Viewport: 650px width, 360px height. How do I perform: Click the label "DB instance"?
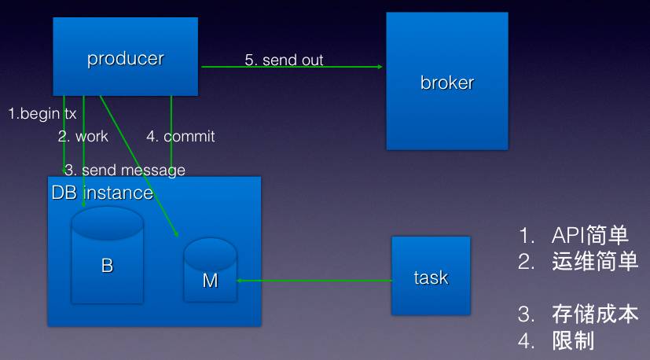click(x=102, y=193)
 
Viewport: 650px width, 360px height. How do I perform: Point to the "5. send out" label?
click(x=284, y=60)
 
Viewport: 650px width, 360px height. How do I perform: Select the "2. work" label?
click(x=83, y=136)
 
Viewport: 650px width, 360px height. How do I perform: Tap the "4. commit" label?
click(x=180, y=136)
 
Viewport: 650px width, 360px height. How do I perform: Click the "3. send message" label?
click(x=125, y=170)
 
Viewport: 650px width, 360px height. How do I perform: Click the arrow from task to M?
click(x=314, y=280)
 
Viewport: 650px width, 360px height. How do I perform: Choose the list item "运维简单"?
click(x=594, y=262)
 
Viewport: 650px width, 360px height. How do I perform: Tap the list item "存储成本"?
click(x=594, y=315)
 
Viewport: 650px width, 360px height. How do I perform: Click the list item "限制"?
click(x=573, y=341)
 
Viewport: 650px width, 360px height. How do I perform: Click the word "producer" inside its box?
click(x=126, y=58)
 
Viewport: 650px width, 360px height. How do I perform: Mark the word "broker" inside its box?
click(x=446, y=83)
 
